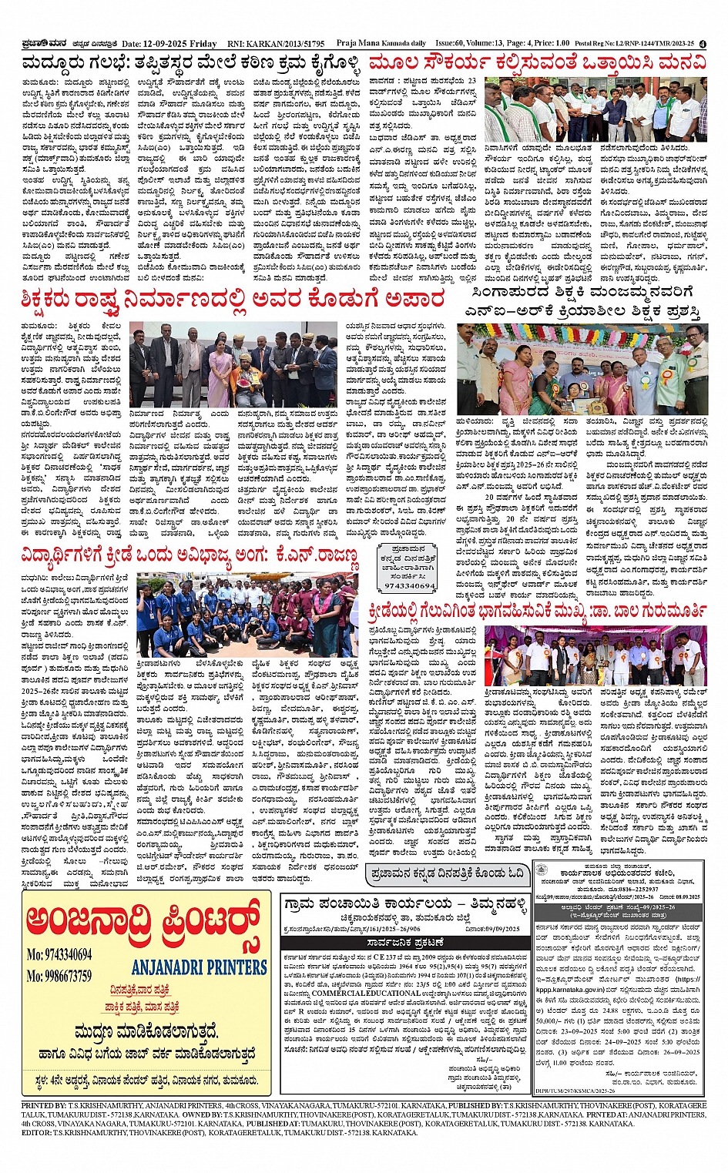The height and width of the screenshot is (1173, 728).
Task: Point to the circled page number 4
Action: point(703,45)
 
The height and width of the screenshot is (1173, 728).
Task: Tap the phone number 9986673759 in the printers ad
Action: point(59,976)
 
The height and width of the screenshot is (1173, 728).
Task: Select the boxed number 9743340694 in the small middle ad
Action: point(410,585)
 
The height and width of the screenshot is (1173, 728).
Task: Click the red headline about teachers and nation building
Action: point(233,299)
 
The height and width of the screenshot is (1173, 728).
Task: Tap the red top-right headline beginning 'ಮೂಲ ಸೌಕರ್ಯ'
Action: point(536,64)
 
